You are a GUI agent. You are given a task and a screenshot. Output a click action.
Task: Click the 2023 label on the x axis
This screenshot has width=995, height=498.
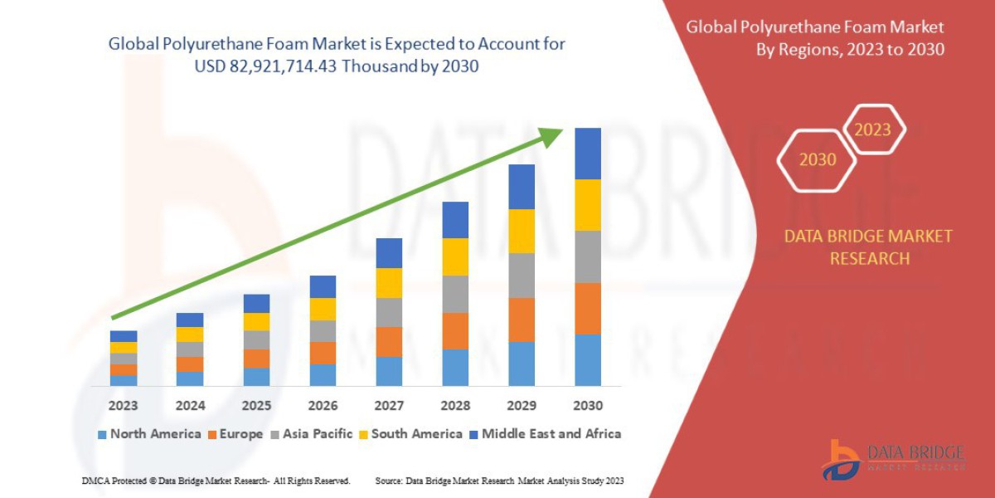pos(124,406)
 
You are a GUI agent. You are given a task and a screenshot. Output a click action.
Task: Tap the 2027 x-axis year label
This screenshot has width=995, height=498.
pos(389,406)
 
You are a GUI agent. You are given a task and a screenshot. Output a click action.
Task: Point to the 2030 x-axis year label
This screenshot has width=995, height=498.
pos(587,406)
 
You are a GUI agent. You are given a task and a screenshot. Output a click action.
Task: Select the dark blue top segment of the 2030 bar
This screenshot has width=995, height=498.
pos(587,154)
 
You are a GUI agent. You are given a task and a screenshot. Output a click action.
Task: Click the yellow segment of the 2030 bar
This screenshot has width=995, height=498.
pos(587,205)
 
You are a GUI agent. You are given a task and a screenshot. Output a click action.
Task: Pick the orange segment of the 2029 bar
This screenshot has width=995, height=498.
pos(522,320)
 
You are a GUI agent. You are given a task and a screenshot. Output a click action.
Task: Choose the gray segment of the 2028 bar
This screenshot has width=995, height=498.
pos(455,294)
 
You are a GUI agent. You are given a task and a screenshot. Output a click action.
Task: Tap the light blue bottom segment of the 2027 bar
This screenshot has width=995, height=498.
pos(389,371)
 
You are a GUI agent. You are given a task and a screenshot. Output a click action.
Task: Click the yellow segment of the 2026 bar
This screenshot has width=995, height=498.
pos(323,309)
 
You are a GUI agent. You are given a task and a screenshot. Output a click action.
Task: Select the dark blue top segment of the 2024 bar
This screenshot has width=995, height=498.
pos(190,320)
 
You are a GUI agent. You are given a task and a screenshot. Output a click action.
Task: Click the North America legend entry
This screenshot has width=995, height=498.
pos(149,433)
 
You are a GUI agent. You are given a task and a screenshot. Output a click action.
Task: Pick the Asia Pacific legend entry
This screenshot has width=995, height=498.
pos(311,433)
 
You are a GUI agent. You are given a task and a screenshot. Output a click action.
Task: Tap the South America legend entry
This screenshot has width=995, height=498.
pos(410,433)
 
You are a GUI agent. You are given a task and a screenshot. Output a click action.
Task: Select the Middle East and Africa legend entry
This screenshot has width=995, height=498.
pos(544,433)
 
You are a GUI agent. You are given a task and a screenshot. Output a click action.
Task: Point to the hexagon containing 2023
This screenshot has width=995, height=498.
pos(872,129)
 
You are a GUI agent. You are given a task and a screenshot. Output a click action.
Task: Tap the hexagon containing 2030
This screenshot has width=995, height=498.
pos(817,160)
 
